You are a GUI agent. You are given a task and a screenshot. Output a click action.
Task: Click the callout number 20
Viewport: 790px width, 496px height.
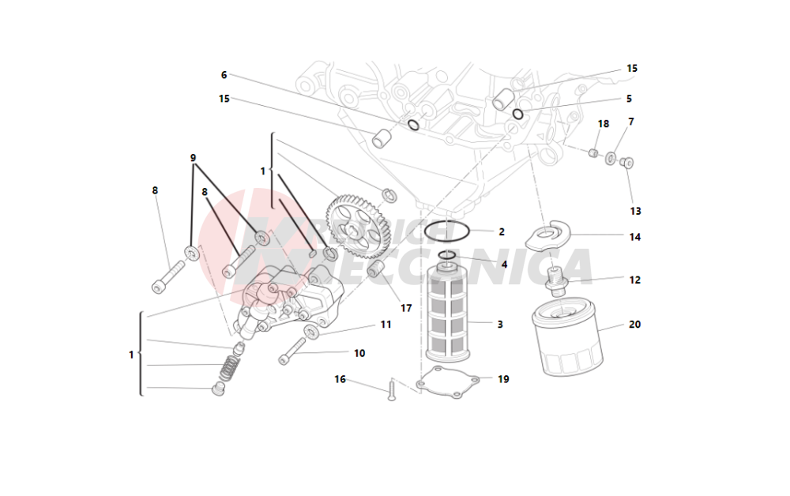(634, 324)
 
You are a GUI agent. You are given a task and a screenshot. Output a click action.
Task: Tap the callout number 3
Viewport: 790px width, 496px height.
(500, 324)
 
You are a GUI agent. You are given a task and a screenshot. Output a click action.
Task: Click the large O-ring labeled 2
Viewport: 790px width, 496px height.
(447, 232)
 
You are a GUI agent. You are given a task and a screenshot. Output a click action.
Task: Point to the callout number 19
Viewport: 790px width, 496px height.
(503, 379)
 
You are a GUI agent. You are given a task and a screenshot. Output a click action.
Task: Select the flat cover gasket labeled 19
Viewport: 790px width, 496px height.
(449, 381)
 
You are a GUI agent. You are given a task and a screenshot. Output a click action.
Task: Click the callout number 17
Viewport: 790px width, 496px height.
(406, 308)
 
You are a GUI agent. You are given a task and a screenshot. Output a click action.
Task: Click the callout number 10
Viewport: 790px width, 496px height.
(359, 353)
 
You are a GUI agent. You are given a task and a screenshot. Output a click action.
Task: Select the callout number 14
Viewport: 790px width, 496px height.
(634, 237)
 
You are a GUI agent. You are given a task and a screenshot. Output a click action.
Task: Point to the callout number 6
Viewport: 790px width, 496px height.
(224, 75)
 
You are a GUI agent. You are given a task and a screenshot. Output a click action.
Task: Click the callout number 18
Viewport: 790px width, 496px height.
(604, 124)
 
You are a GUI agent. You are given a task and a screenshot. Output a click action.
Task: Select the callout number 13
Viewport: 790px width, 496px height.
(635, 211)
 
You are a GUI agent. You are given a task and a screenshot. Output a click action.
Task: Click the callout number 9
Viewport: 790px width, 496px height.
(193, 158)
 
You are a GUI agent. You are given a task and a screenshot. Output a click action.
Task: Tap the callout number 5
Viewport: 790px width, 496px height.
(629, 99)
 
